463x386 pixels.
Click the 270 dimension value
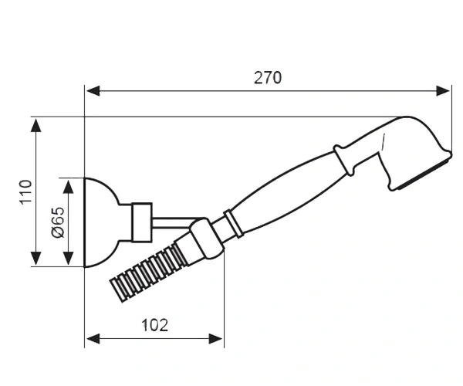click(268, 78)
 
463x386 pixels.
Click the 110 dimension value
click(25, 191)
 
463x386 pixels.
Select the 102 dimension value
click(155, 325)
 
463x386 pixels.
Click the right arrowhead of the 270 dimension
click(443, 90)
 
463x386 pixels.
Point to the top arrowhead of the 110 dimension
click(36, 125)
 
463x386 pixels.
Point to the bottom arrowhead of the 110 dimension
click(36, 259)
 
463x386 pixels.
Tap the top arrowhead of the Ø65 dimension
click(69, 186)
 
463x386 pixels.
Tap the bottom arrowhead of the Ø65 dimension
click(69, 259)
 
